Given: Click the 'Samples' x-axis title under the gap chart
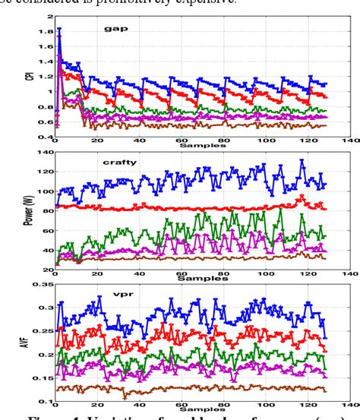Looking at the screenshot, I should click(193, 144).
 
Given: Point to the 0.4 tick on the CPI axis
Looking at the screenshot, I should click(43, 137).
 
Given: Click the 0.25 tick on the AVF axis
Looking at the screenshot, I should click(39, 331).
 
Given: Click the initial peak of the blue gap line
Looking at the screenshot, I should click(59, 29).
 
